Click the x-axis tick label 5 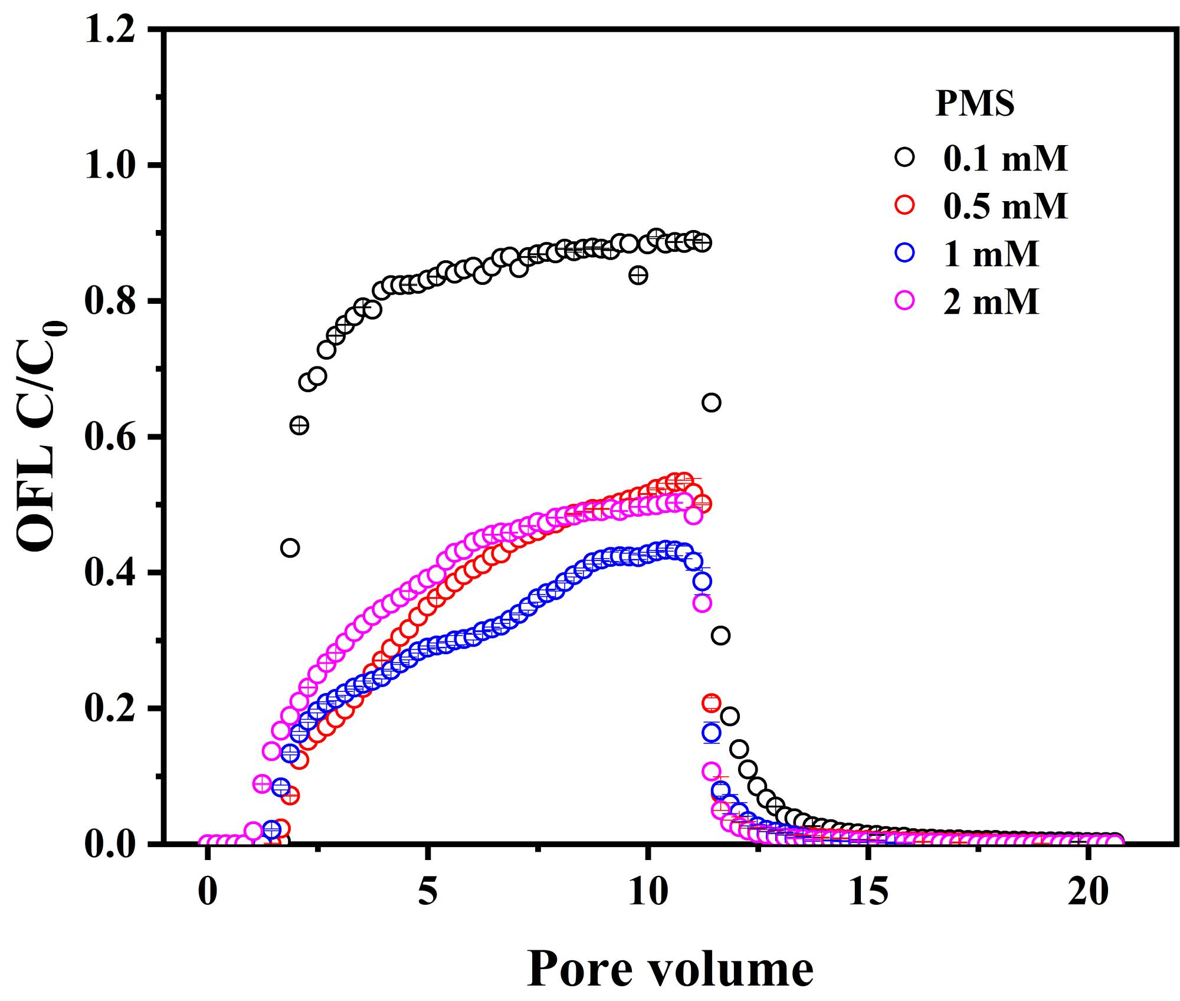coord(428,892)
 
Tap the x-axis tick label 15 coord(868,892)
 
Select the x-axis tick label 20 coord(1089,892)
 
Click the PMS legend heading coord(975,104)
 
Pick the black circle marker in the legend coord(904,157)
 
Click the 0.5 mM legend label coord(1005,206)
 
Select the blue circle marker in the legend coord(904,253)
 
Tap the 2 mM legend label coord(991,301)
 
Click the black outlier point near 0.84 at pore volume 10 coord(638,275)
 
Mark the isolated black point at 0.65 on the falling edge coord(711,402)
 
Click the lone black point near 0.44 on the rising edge coord(290,547)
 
